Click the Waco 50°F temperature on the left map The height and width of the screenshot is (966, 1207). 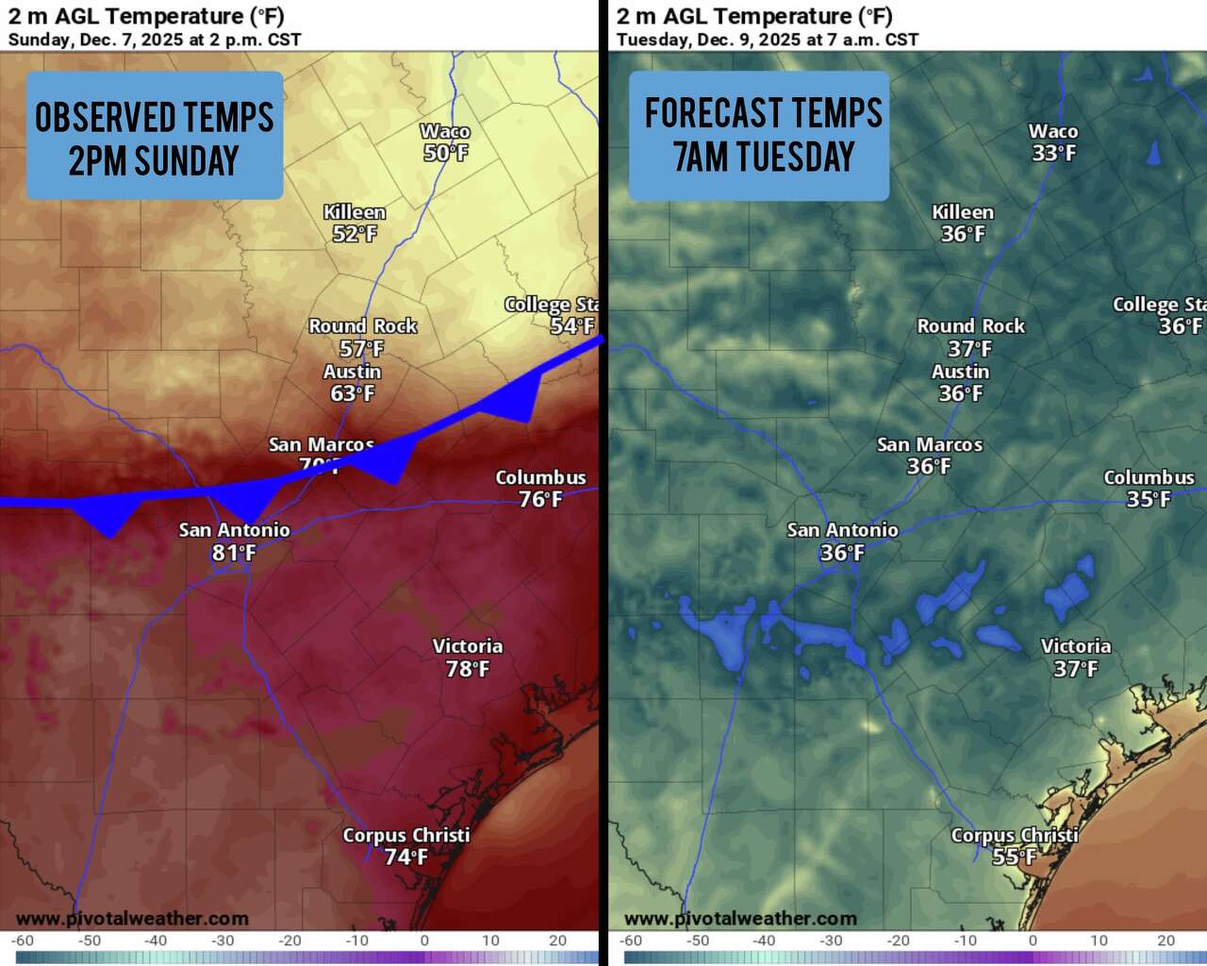[x=446, y=153]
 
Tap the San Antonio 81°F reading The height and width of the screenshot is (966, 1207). [x=234, y=553]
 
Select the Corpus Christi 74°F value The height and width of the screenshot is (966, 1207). [x=405, y=857]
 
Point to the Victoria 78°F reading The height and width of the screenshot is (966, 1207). [x=468, y=669]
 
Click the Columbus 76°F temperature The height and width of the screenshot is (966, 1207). [x=540, y=499]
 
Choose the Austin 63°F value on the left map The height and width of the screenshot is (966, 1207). [x=352, y=393]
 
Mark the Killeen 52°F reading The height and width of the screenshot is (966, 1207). [x=355, y=234]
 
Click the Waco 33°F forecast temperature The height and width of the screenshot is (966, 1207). [x=1053, y=153]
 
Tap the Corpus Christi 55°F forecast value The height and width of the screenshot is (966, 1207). [x=1014, y=857]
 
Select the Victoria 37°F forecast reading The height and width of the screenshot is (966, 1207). [x=1076, y=669]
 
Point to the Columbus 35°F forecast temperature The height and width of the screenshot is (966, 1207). [x=1149, y=499]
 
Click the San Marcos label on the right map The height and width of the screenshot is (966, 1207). [x=930, y=444]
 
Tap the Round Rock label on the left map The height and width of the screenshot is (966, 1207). [x=363, y=326]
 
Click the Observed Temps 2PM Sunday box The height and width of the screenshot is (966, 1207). [x=155, y=136]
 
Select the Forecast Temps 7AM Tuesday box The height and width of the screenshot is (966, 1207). [x=759, y=136]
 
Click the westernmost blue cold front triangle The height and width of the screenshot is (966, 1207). [x=109, y=518]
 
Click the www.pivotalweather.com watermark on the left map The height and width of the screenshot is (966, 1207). [x=132, y=918]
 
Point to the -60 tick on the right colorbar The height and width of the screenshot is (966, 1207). [x=631, y=941]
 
